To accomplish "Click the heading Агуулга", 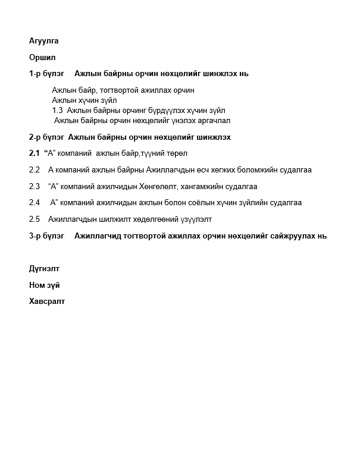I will click(44, 41).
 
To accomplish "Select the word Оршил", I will click(42, 58).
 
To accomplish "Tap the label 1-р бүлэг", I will click(46, 74).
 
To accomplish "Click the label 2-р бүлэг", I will click(46, 137).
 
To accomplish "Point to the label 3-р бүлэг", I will click(46, 236).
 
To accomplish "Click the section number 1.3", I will click(57, 110).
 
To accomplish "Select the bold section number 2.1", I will click(34, 153).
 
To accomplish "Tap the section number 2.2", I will click(34, 170).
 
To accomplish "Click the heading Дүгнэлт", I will click(45, 269).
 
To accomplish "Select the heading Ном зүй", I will click(45, 285).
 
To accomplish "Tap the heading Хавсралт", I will click(47, 302).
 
